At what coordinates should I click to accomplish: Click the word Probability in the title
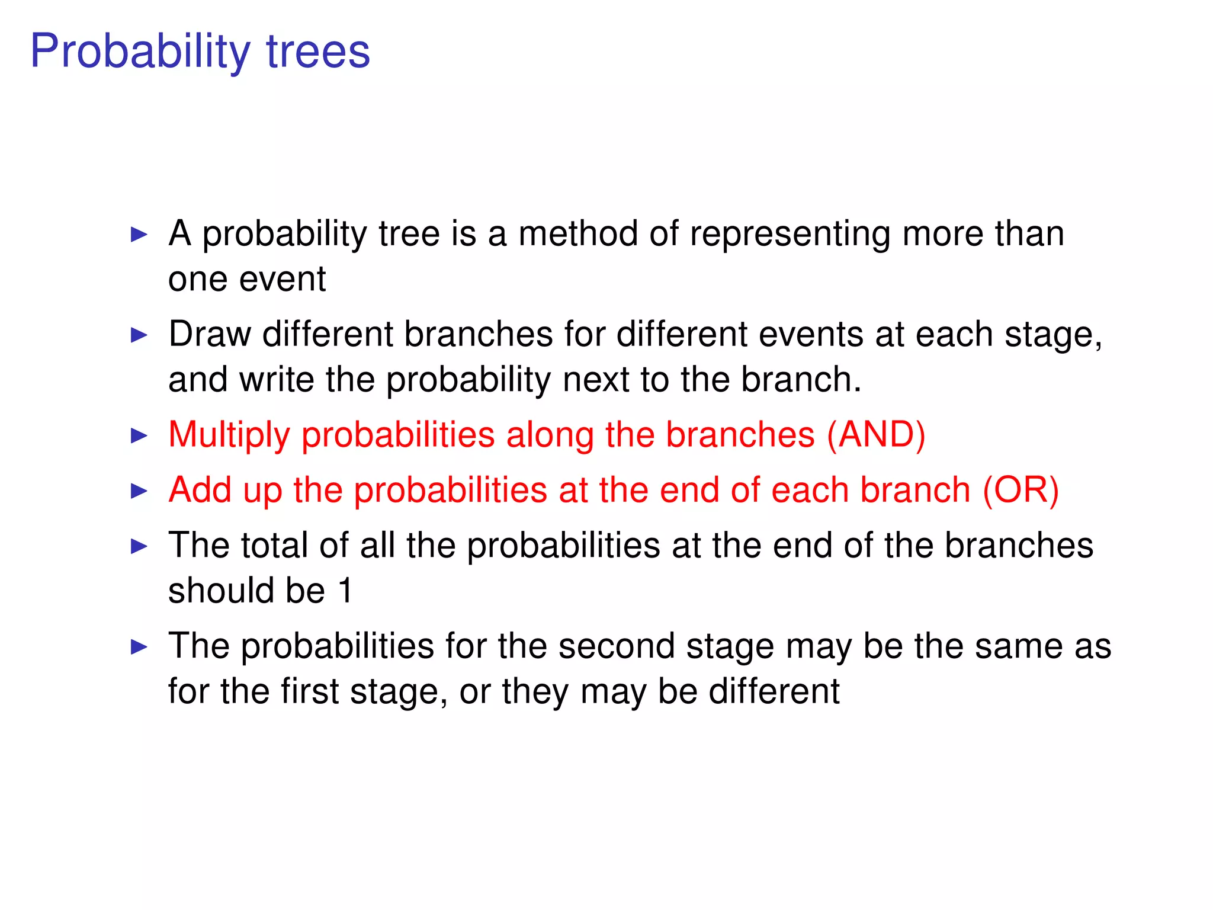click(140, 52)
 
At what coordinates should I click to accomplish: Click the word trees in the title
click(318, 52)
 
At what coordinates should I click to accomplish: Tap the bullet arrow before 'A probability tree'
click(139, 235)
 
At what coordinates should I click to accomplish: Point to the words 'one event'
click(246, 280)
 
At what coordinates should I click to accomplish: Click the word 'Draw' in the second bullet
click(210, 335)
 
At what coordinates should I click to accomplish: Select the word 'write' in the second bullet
click(277, 380)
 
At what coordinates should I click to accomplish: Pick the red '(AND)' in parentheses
click(875, 435)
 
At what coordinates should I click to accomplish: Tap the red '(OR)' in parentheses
click(1021, 491)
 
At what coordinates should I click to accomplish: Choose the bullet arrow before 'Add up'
click(139, 491)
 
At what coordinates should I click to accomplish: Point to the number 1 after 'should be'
click(345, 591)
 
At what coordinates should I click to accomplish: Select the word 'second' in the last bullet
click(616, 646)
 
